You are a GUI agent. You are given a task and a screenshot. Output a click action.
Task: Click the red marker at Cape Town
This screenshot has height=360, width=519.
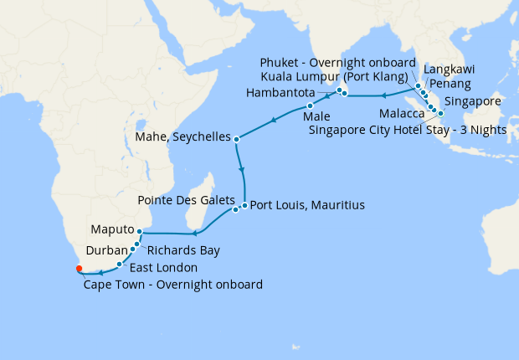pyautogui.click(x=79, y=269)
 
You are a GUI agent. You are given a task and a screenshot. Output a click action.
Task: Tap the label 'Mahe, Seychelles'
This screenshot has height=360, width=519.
pyautogui.click(x=182, y=137)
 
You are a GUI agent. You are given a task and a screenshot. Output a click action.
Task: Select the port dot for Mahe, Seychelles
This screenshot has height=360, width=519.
pyautogui.click(x=237, y=139)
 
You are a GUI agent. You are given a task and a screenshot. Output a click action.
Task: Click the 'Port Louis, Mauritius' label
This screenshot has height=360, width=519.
pyautogui.click(x=307, y=204)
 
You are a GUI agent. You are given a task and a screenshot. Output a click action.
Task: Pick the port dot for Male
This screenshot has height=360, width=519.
pyautogui.click(x=310, y=106)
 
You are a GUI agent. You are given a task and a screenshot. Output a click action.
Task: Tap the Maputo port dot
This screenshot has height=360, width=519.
pyautogui.click(x=139, y=231)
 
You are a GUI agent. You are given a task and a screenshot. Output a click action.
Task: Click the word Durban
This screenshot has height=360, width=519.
pyautogui.click(x=105, y=249)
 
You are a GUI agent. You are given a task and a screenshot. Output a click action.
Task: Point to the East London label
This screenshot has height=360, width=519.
pyautogui.click(x=163, y=268)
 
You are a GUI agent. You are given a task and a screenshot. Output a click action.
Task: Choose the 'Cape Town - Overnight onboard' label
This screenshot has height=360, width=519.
pyautogui.click(x=173, y=285)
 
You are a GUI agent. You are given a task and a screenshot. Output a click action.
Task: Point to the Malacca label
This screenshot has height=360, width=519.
pyautogui.click(x=401, y=114)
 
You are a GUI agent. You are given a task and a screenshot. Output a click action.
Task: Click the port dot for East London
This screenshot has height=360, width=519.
pyautogui.click(x=120, y=264)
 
